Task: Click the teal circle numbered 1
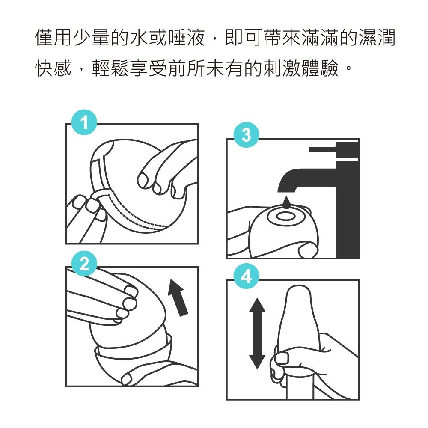pos(84,122)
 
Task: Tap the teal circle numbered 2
pos(84,264)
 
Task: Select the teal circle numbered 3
pos(246,135)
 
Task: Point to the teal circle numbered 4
pos(246,276)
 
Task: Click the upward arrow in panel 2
pos(178,297)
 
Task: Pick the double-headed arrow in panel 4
pos(257,333)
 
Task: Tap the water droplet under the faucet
pos(286,202)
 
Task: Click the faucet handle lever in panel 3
pos(323,149)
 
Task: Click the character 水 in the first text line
pos(139,37)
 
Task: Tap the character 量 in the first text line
pos(101,37)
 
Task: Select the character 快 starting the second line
pos(44,68)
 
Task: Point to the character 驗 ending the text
pos(330,68)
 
